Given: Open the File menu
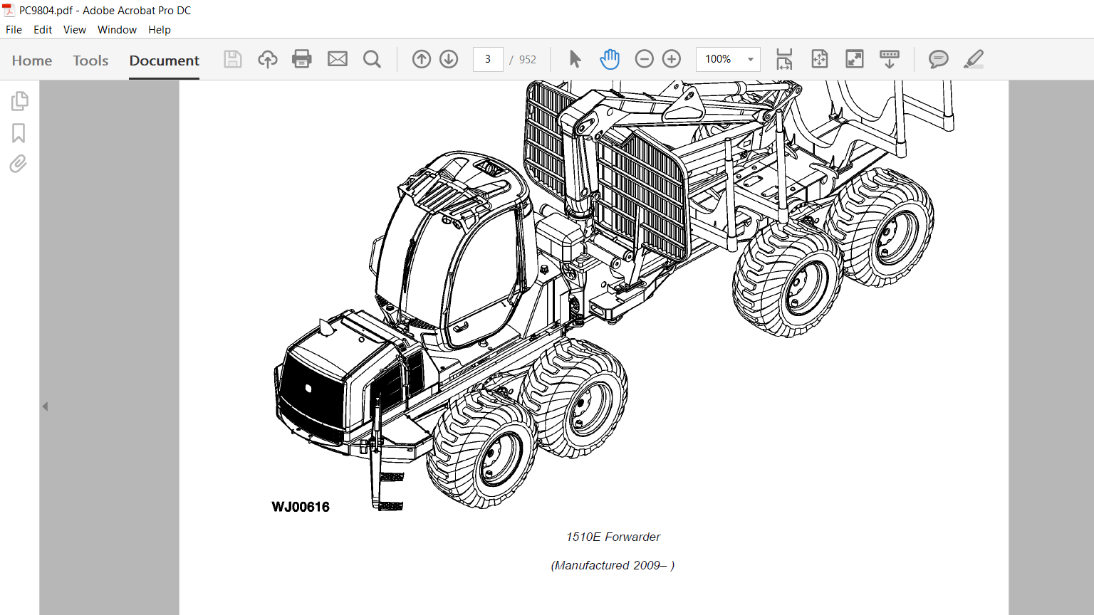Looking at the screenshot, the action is pyautogui.click(x=14, y=30).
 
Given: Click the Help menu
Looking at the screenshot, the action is pyautogui.click(x=160, y=30).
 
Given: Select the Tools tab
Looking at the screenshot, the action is pyautogui.click(x=90, y=60).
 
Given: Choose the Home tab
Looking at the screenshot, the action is pyautogui.click(x=32, y=60).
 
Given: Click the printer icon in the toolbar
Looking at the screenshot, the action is pyautogui.click(x=301, y=59).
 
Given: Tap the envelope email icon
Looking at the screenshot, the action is pyautogui.click(x=337, y=59).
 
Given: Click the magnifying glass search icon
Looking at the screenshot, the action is pyautogui.click(x=373, y=60).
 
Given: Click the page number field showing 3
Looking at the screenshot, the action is pyautogui.click(x=487, y=59).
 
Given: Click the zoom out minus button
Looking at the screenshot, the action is pyautogui.click(x=644, y=59).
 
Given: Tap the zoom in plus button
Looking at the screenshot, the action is pyautogui.click(x=672, y=59).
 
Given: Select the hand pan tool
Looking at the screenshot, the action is pyautogui.click(x=610, y=59).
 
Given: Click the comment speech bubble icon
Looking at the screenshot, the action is pyautogui.click(x=938, y=59).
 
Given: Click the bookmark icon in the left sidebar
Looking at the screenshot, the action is pyautogui.click(x=19, y=133).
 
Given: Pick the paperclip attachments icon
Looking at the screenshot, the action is pyautogui.click(x=18, y=164).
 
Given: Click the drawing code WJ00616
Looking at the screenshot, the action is pyautogui.click(x=301, y=507).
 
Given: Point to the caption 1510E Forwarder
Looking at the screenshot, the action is pyautogui.click(x=613, y=537).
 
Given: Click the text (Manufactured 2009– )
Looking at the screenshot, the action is pyautogui.click(x=613, y=565).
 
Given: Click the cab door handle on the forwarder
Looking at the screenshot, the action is pyautogui.click(x=461, y=327).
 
